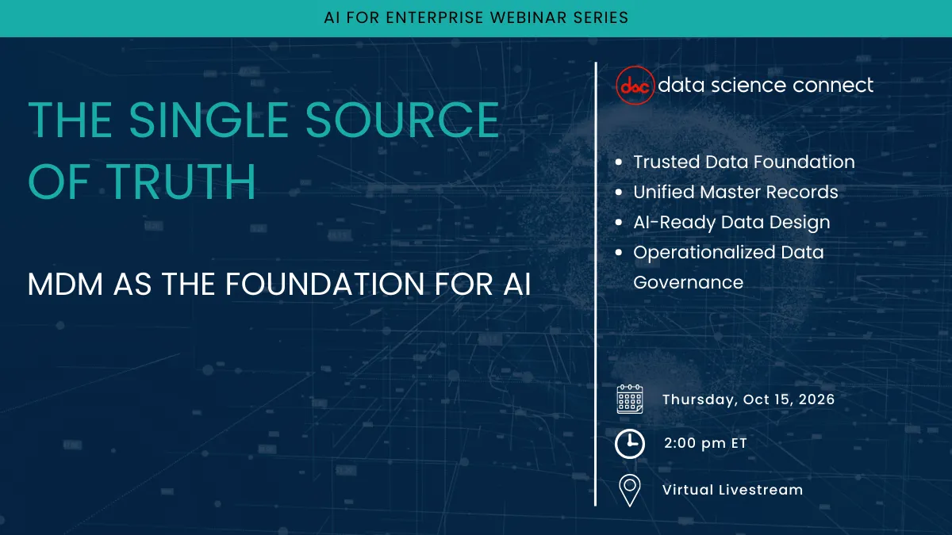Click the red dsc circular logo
click(x=635, y=86)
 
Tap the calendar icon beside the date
click(x=630, y=399)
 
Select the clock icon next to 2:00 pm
click(x=630, y=444)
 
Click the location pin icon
click(x=630, y=490)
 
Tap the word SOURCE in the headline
click(x=402, y=121)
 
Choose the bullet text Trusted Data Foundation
click(x=743, y=162)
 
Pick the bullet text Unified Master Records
click(x=735, y=193)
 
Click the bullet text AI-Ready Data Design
click(x=731, y=223)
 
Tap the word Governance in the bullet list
click(x=688, y=283)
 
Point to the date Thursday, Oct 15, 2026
click(x=748, y=399)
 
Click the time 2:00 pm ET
click(x=705, y=444)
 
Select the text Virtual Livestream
click(x=732, y=490)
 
